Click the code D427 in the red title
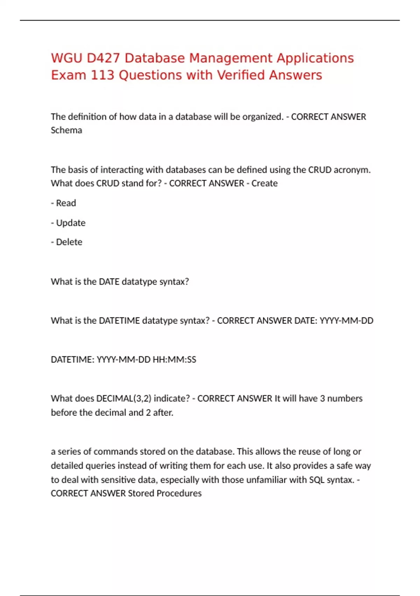tap(103, 58)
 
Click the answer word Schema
tap(66, 130)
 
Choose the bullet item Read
tap(66, 203)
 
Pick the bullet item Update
tap(71, 223)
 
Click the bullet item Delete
tap(69, 242)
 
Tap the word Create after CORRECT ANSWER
tap(264, 183)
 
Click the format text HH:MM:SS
tap(174, 360)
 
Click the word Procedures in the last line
tap(179, 493)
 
